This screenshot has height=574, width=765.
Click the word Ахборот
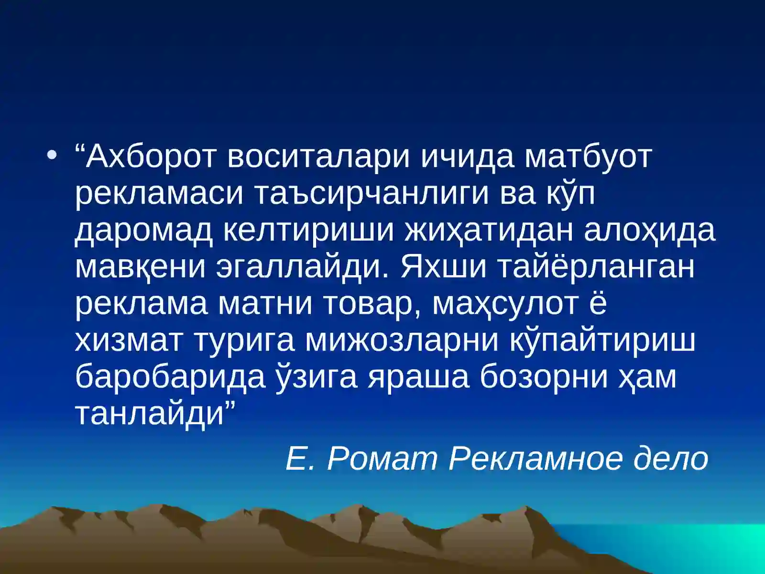151,156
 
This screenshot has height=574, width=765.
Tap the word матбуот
588,156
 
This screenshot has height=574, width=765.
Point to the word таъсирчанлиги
370,193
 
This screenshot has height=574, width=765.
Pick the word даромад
144,230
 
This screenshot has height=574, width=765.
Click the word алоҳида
650,230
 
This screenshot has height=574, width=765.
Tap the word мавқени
141,267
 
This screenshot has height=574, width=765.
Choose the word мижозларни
402,341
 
